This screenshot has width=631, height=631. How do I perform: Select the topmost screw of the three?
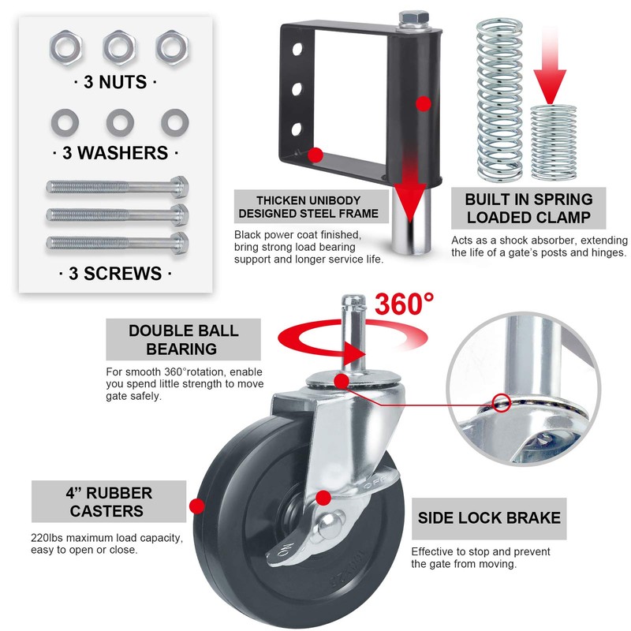(117, 188)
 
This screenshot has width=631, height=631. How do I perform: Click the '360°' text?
(404, 304)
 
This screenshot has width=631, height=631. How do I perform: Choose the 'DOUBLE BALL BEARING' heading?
(184, 339)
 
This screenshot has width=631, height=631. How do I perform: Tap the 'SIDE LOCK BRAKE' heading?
(490, 518)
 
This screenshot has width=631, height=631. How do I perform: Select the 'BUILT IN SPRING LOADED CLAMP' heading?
(528, 208)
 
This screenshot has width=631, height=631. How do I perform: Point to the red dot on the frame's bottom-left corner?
(315, 155)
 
